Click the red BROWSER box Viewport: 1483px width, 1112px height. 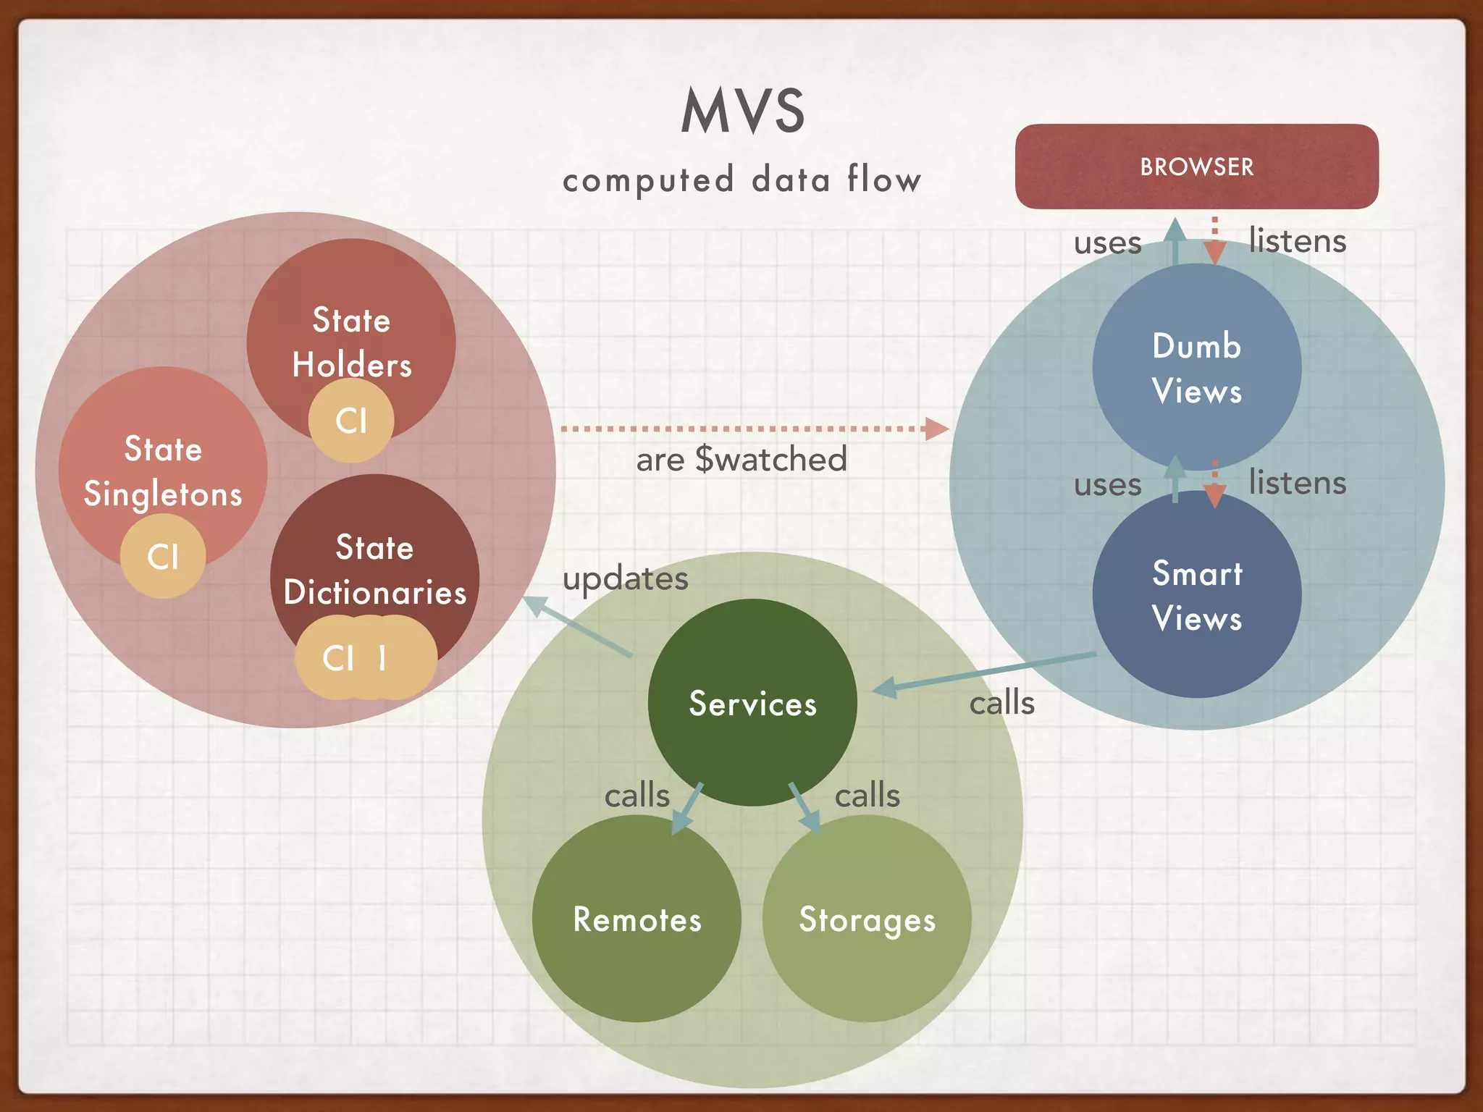pos(1196,167)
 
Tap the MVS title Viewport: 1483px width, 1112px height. pos(743,111)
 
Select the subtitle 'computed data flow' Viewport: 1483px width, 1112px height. pos(742,180)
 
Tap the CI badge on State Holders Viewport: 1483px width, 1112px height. pos(351,421)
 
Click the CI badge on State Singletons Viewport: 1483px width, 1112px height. pos(163,556)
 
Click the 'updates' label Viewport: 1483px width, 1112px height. pos(625,578)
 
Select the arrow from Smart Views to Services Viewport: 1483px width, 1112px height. pos(985,671)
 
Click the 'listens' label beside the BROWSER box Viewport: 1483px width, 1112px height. pos(1297,240)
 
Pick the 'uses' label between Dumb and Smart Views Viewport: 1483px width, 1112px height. pos(1107,484)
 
